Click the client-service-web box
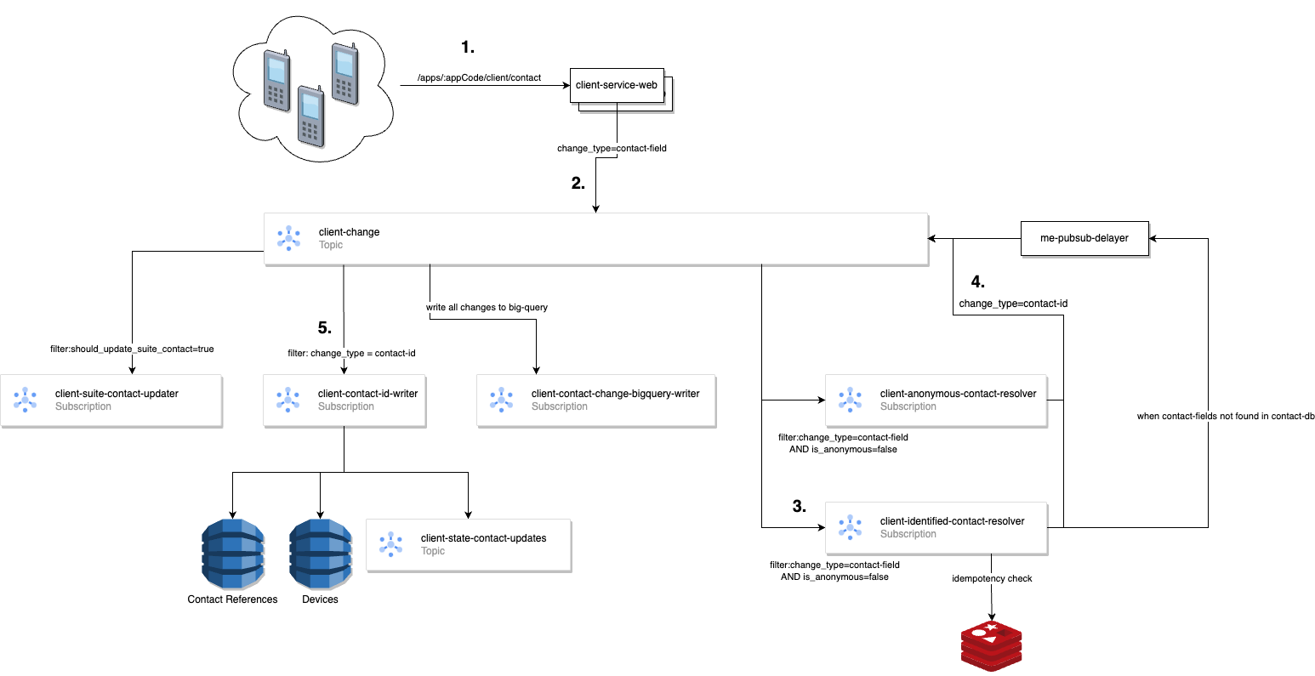click(x=616, y=85)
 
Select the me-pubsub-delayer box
click(x=1084, y=238)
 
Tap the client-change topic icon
click(x=288, y=238)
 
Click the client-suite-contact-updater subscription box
click(x=111, y=400)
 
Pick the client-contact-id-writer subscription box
click(x=344, y=400)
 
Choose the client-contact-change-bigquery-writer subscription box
click(x=595, y=400)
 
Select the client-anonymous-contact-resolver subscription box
click(x=936, y=400)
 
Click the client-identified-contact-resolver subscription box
click(x=936, y=527)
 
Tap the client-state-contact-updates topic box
click(x=468, y=544)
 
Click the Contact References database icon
click(x=233, y=554)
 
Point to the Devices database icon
click(x=321, y=554)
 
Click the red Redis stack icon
click(x=991, y=646)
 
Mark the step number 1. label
click(x=468, y=48)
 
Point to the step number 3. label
click(x=799, y=507)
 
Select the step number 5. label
click(x=324, y=328)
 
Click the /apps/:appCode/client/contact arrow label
click(x=479, y=77)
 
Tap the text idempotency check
click(x=992, y=578)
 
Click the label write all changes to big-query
click(x=487, y=307)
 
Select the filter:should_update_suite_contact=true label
click(x=132, y=349)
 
